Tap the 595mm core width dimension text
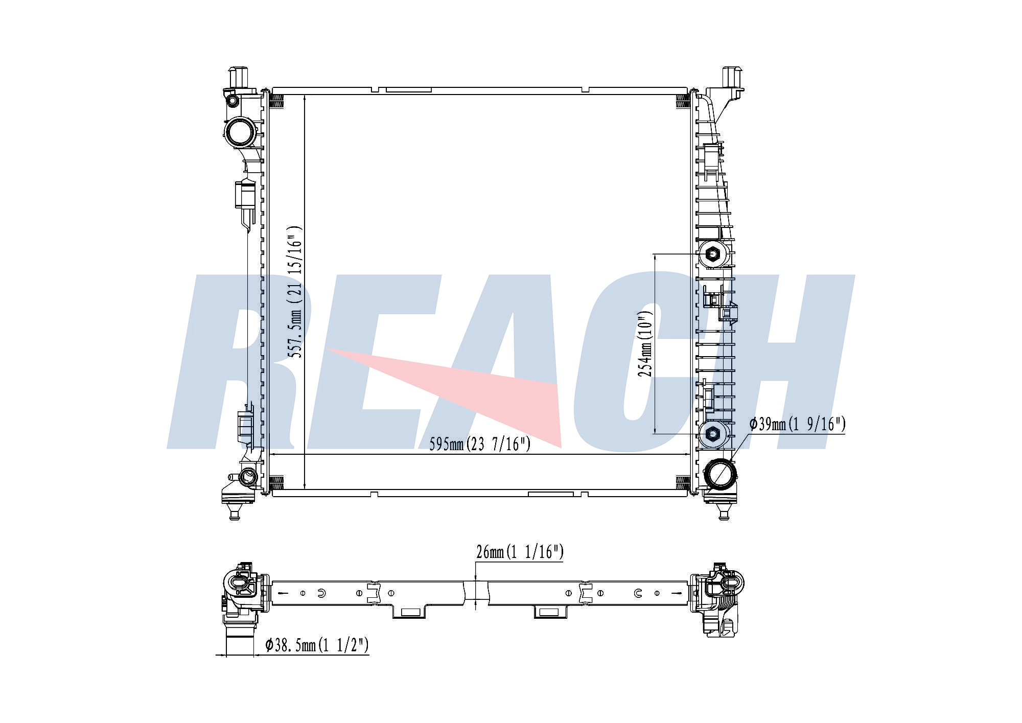[x=480, y=444]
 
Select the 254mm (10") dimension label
[x=645, y=345]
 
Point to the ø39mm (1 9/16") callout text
[x=797, y=424]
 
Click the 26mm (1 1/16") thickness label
[x=520, y=552]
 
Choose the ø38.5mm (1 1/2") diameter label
[x=317, y=645]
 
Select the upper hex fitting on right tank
[x=713, y=254]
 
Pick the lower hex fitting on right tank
[x=713, y=434]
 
